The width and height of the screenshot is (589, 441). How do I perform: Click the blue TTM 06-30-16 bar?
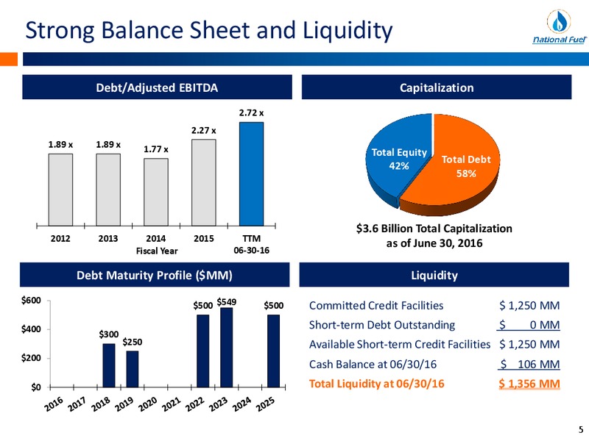(x=251, y=174)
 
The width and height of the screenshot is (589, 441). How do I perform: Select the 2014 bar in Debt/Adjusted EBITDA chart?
(x=156, y=192)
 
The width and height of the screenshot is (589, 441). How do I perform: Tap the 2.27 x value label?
(x=204, y=131)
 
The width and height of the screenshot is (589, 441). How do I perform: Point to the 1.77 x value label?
(x=156, y=149)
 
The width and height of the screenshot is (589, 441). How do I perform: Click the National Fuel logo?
(x=560, y=27)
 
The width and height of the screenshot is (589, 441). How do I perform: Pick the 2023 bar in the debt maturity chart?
(x=227, y=347)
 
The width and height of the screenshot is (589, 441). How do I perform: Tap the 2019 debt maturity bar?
(x=133, y=369)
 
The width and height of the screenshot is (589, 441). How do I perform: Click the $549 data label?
(x=227, y=302)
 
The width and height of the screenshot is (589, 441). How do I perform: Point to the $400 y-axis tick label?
(x=31, y=329)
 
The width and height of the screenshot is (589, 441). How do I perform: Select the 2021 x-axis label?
(x=172, y=404)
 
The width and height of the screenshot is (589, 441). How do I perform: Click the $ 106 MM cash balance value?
(x=529, y=364)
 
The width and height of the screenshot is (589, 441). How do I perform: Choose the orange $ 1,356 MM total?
(x=529, y=384)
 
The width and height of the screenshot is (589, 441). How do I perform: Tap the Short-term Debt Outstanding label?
(x=382, y=325)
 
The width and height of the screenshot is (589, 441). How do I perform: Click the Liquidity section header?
(x=434, y=275)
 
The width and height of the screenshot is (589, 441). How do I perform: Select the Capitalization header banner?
(x=437, y=87)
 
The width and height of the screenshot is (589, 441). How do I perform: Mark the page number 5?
(x=581, y=430)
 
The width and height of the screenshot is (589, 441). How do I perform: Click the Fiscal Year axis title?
(x=157, y=251)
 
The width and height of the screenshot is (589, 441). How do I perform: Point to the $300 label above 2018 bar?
(x=109, y=334)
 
